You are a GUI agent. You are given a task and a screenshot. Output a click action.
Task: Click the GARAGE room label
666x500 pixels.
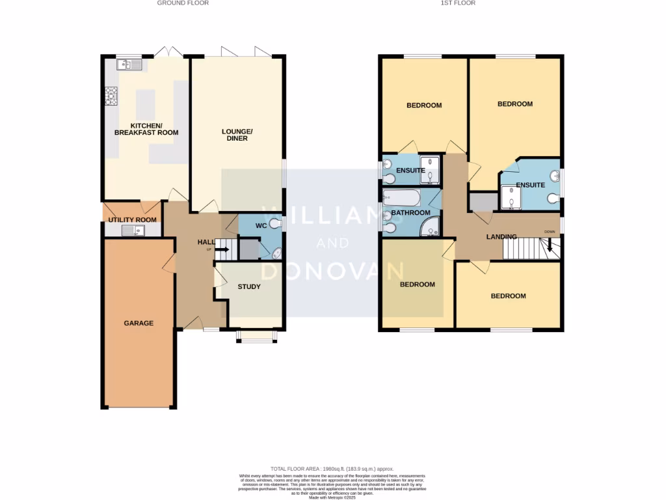pos(139,323)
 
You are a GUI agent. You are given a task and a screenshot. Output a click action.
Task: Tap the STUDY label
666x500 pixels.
pos(249,286)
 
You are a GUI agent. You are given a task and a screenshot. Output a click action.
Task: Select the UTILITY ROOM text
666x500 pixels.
pos(133,220)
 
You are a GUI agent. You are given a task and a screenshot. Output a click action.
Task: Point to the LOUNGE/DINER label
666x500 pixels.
pos(237,135)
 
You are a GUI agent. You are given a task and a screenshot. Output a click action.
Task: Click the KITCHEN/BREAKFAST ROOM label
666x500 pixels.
pos(146,129)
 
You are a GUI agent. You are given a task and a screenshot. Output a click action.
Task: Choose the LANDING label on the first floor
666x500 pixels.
pos(501,237)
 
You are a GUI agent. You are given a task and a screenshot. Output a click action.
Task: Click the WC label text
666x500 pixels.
pos(262,225)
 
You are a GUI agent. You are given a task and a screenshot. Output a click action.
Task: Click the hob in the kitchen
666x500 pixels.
pos(111,97)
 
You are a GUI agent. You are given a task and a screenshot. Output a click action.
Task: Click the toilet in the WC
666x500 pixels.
pos(276,225)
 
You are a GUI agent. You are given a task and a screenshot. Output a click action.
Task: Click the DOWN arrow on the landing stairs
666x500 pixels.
pos(550,244)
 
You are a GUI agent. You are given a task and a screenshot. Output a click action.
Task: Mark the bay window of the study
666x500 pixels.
pos(256,337)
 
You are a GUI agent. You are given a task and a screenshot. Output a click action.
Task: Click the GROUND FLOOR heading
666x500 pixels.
pos(183,3)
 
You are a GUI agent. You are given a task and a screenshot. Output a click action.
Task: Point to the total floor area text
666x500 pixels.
pos(332,469)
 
